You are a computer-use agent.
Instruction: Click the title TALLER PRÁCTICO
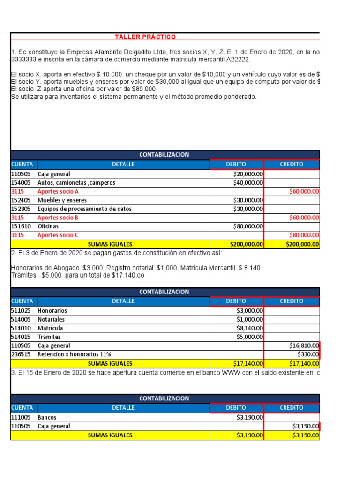(145, 37)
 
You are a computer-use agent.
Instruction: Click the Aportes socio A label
(58, 191)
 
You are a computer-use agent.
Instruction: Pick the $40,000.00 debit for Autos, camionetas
(248, 183)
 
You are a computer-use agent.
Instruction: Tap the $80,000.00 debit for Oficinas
(248, 226)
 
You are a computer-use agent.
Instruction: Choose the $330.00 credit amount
(308, 354)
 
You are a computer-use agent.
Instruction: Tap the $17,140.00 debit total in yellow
(248, 363)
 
